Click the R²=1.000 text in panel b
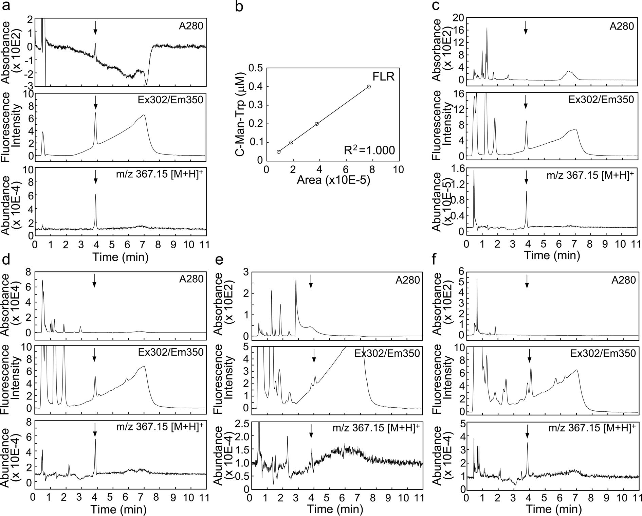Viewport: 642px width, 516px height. pyautogui.click(x=369, y=150)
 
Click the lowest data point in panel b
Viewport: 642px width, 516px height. pyautogui.click(x=279, y=152)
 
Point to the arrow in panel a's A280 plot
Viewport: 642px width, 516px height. pyautogui.click(x=95, y=28)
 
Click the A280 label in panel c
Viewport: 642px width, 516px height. pyautogui.click(x=622, y=26)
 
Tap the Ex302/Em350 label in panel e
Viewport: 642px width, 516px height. pyautogui.click(x=387, y=353)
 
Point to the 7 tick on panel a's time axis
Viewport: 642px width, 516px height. pyautogui.click(x=143, y=245)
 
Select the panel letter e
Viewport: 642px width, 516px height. pyautogui.click(x=220, y=261)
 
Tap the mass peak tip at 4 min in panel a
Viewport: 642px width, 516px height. pyautogui.click(x=96, y=194)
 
